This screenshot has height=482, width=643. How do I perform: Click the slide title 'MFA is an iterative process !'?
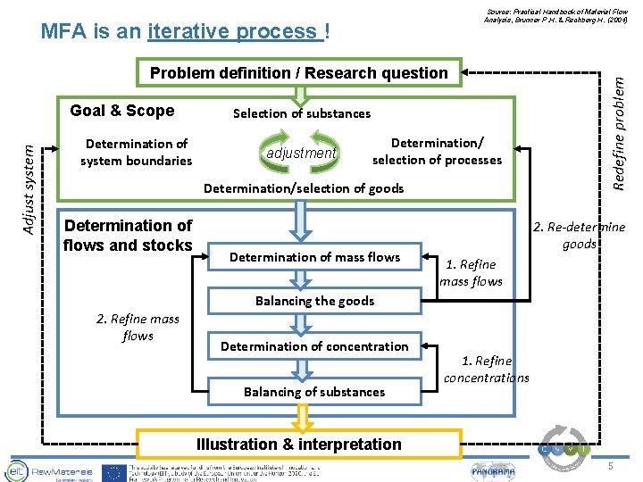[x=186, y=32]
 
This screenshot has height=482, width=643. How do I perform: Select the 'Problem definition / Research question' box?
[x=298, y=73]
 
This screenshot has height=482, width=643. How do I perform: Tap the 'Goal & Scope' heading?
[x=121, y=111]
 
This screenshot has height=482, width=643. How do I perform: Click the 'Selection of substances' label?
[x=301, y=113]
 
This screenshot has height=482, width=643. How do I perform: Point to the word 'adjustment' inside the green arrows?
[x=301, y=153]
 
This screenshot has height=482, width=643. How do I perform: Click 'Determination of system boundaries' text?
[x=136, y=152]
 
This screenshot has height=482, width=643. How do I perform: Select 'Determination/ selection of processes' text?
[x=437, y=151]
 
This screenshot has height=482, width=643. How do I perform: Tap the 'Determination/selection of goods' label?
[x=304, y=188]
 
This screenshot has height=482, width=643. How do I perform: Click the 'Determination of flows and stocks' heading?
[x=128, y=236]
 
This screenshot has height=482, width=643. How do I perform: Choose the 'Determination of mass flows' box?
[x=314, y=257]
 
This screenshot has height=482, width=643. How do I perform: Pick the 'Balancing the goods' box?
[x=314, y=301]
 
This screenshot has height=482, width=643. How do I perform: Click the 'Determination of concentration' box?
[x=314, y=346]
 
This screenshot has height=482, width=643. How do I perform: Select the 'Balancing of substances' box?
[x=314, y=391]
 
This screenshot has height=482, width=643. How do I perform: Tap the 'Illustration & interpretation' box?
[x=299, y=444]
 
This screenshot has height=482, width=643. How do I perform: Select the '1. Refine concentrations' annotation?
[x=487, y=369]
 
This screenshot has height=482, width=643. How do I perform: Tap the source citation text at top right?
[x=556, y=14]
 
